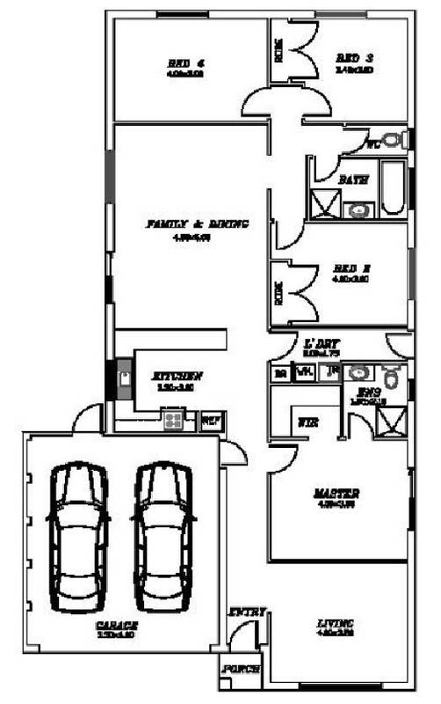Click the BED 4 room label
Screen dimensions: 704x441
(185, 62)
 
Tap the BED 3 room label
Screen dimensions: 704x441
(355, 59)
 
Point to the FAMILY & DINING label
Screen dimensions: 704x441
(197, 224)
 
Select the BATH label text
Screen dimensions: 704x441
(353, 180)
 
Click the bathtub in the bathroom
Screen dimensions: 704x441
(393, 188)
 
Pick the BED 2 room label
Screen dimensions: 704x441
(355, 269)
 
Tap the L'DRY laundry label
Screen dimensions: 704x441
(322, 344)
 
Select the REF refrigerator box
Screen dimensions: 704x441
(212, 420)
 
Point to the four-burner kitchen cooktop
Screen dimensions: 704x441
(173, 420)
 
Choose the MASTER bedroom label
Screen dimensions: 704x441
(337, 495)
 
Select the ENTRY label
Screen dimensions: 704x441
(242, 612)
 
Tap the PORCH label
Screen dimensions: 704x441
(241, 670)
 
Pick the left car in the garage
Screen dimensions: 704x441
(78, 537)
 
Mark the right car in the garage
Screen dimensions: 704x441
(164, 537)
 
